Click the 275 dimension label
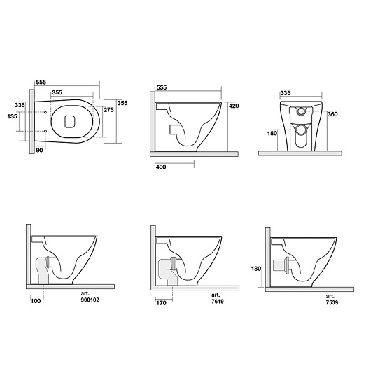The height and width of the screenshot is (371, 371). point(108,110)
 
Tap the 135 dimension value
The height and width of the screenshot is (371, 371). point(13,116)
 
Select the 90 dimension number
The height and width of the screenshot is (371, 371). point(39,150)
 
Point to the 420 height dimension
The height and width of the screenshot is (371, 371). point(234,106)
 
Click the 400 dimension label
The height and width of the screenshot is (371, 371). point(161,167)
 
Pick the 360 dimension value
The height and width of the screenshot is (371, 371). point(332,114)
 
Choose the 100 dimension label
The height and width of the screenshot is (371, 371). point(36,301)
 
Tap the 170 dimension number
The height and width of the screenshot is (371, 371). point(162,303)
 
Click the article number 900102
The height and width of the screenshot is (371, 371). point(90,300)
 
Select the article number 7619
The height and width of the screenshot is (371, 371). point(218,302)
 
